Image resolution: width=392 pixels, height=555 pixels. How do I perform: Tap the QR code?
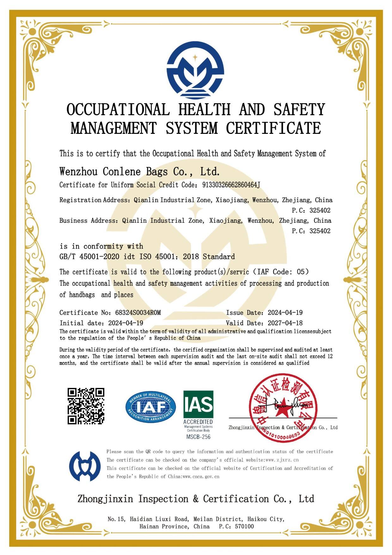pos(86,406)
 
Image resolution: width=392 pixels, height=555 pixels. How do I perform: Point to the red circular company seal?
pos(283,408)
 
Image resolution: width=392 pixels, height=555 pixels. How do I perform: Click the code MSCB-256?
pos(198,437)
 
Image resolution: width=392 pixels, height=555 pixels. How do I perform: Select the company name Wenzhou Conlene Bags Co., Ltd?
pos(139,172)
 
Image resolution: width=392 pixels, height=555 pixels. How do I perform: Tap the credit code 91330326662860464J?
pos(231,185)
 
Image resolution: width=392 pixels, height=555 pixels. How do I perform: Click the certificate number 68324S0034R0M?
pos(138,313)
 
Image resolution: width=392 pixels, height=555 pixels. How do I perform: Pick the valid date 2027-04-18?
pos(285,323)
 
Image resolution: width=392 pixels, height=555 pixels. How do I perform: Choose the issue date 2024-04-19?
pos(285,313)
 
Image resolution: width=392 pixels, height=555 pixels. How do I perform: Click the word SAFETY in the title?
pos(299,110)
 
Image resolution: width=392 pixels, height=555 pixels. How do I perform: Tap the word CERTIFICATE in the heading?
pos(273,128)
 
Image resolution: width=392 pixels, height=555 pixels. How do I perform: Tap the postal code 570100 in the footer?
pos(244,526)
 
